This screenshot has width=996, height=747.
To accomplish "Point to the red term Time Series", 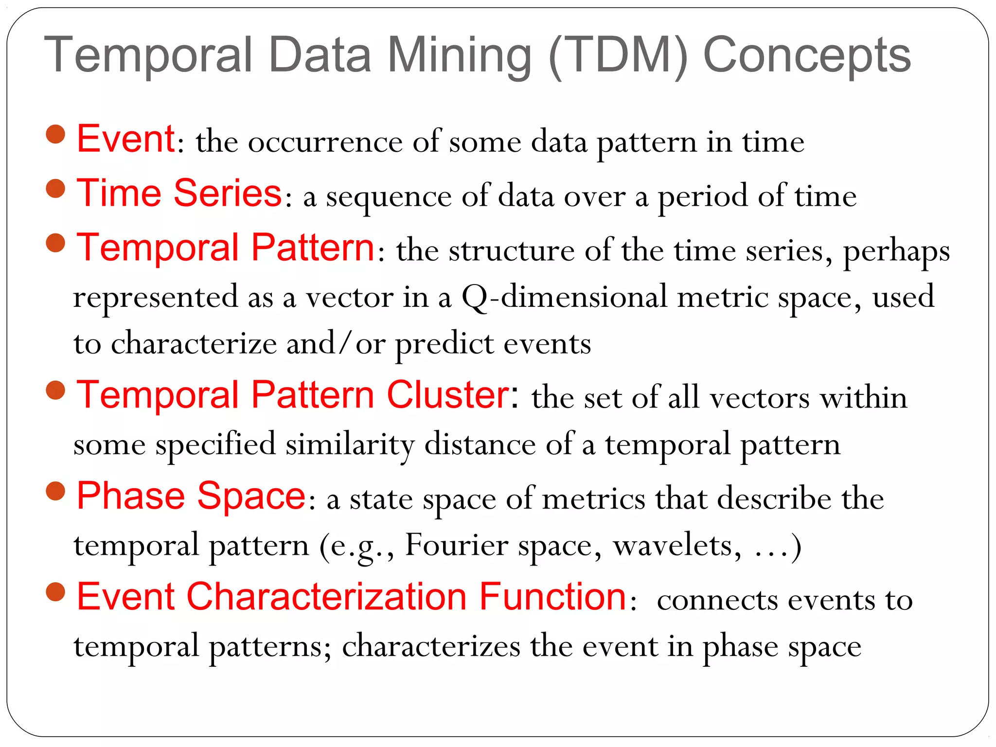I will (x=179, y=193).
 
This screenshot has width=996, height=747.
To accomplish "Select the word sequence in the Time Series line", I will (x=389, y=197).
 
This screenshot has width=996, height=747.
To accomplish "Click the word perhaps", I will (x=896, y=252).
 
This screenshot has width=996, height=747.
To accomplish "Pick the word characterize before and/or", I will (x=194, y=344).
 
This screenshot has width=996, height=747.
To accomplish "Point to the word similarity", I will (x=350, y=445).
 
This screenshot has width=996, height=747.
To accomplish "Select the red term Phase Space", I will (x=191, y=496).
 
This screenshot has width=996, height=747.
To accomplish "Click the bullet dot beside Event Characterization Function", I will (x=55, y=591).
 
